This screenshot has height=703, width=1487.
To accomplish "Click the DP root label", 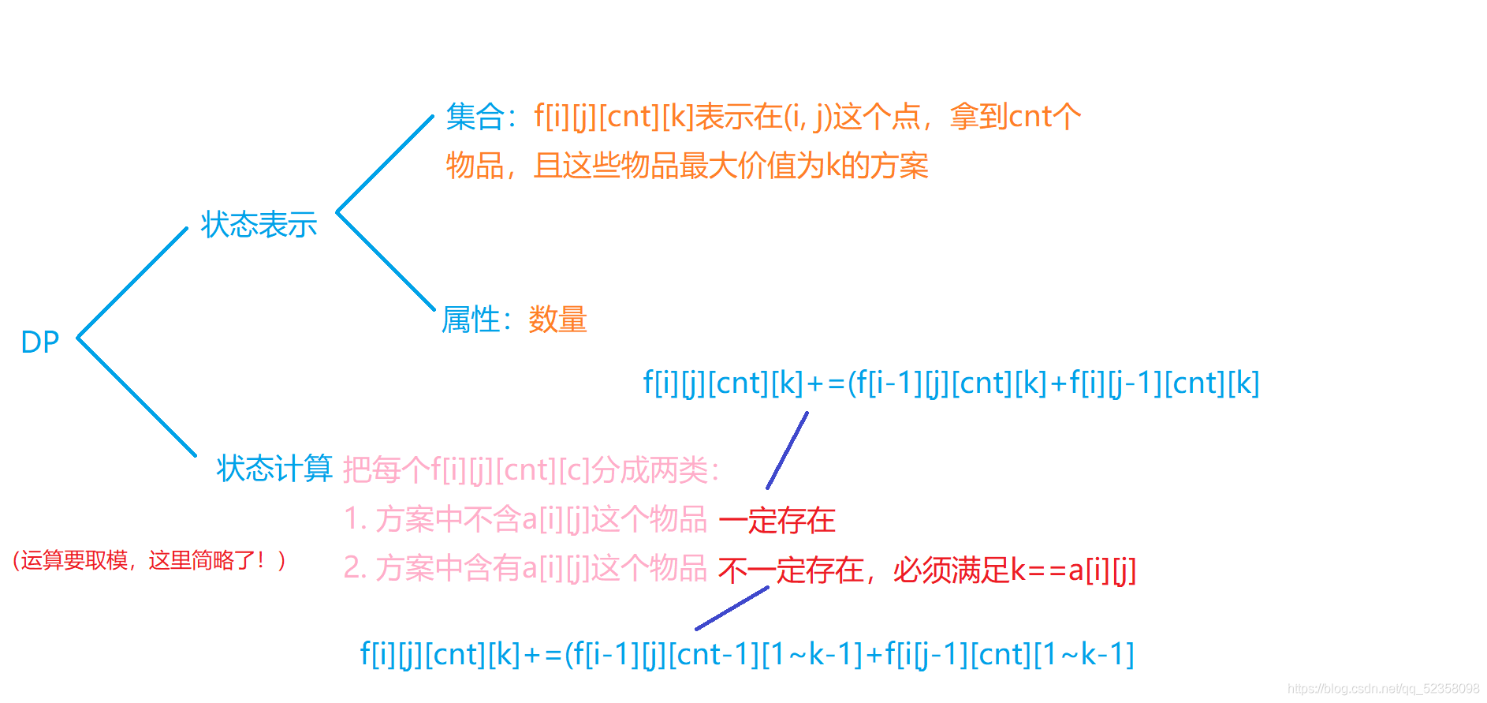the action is click(39, 342).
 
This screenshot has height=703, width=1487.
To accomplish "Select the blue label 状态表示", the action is click(259, 225).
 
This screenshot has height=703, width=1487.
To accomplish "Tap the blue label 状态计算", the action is click(274, 469).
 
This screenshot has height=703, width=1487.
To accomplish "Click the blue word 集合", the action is click(475, 117).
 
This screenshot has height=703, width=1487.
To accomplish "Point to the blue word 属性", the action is click(471, 320).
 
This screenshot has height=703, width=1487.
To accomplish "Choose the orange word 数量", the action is click(557, 320).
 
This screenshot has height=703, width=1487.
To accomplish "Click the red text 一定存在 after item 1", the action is click(777, 521).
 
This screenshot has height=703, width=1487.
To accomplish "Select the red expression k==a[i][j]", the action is click(1073, 570).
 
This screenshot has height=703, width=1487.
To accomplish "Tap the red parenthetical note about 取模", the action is click(149, 561).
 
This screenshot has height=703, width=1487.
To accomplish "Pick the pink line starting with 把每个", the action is click(531, 470).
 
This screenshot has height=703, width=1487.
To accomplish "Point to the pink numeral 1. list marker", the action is click(355, 520).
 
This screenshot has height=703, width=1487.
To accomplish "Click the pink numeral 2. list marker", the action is click(355, 569).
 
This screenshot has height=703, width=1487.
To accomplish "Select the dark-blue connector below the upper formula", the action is click(788, 450).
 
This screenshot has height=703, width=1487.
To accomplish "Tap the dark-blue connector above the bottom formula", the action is click(732, 608).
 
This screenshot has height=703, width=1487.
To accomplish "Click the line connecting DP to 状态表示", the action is click(132, 282).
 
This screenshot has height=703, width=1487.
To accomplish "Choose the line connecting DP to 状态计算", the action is click(136, 397).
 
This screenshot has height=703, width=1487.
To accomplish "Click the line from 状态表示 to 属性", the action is click(386, 261).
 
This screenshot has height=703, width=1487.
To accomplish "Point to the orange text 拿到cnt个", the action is click(1015, 117).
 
